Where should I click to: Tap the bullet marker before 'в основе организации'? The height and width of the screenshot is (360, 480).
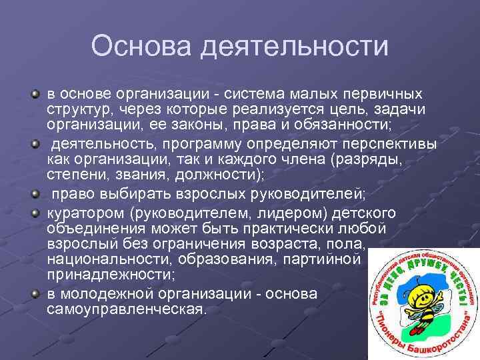click(34, 90)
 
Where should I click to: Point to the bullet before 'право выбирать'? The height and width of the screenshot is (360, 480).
click(34, 193)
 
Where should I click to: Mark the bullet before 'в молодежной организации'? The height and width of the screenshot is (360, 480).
click(34, 293)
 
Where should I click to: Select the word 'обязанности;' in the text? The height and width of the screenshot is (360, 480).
click(341, 125)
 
